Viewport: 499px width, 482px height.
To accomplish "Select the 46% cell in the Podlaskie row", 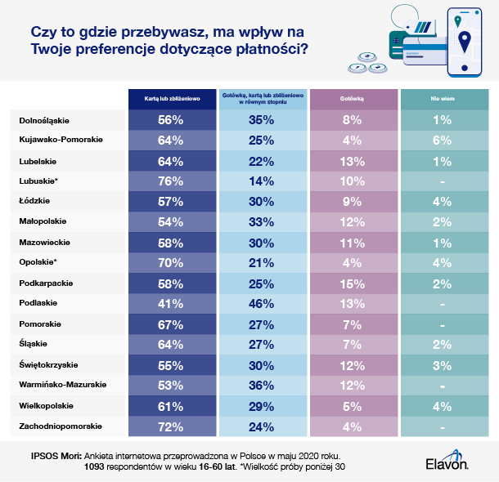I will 262,304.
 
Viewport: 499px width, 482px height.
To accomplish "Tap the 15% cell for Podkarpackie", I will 353,283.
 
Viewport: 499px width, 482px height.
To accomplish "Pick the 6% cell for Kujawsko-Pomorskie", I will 443,139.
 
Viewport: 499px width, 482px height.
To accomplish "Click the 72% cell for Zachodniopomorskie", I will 170,426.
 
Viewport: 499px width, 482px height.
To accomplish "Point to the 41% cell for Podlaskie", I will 170,304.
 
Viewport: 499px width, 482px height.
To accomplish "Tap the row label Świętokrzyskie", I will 51,364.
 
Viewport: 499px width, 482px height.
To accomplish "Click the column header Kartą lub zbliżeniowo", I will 170,97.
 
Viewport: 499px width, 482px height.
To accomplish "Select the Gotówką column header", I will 353,97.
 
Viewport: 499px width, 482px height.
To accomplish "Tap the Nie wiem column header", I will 443,97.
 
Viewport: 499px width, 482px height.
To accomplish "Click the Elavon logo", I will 447,463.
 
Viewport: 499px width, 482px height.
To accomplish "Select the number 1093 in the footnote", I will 98,466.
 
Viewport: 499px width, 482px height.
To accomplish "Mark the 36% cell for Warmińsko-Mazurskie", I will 262,384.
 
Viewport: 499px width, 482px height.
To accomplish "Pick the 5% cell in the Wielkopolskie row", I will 353,405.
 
